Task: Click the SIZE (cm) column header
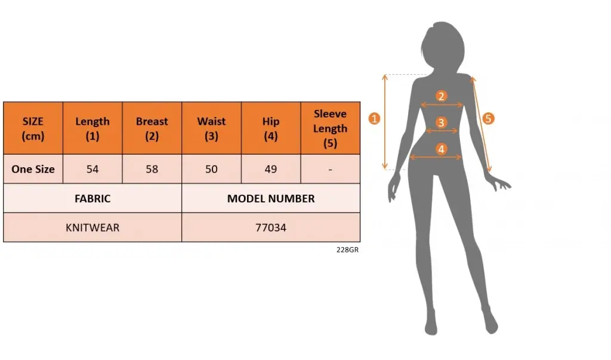pyautogui.click(x=33, y=128)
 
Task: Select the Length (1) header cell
pyautogui.click(x=92, y=128)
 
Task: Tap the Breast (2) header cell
pyautogui.click(x=152, y=128)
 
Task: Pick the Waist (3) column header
pyautogui.click(x=212, y=128)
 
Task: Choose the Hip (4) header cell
pyautogui.click(x=271, y=128)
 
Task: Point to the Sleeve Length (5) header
pyautogui.click(x=331, y=128)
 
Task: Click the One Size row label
pyautogui.click(x=33, y=169)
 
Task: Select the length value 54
pyautogui.click(x=92, y=169)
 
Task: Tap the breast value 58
pyautogui.click(x=152, y=169)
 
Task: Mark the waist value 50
pyautogui.click(x=212, y=169)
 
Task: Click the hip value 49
pyautogui.click(x=271, y=169)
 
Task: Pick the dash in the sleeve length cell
pyautogui.click(x=331, y=170)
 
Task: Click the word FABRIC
pyautogui.click(x=92, y=199)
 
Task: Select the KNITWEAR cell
pyautogui.click(x=92, y=227)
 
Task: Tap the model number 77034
pyautogui.click(x=271, y=227)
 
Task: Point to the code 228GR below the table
pyautogui.click(x=348, y=250)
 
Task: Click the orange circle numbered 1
pyautogui.click(x=375, y=119)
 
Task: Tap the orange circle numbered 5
pyautogui.click(x=488, y=119)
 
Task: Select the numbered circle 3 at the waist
pyautogui.click(x=441, y=122)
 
